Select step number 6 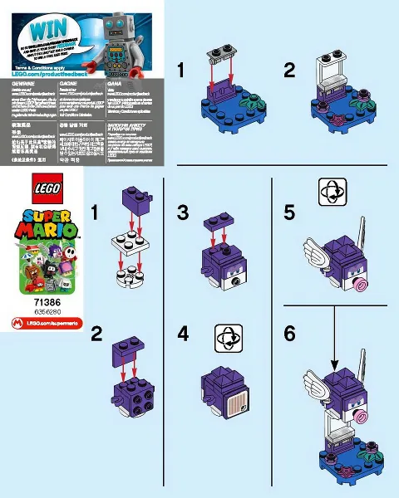click(289, 334)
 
